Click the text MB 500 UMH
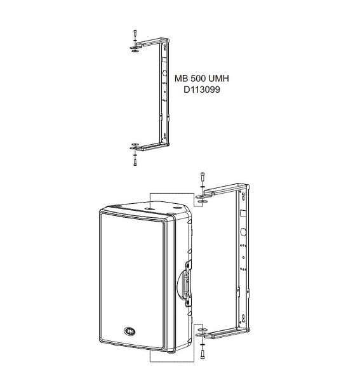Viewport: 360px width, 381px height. [x=202, y=79]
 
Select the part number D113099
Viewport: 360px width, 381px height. [x=202, y=90]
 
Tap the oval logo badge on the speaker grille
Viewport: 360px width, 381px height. [x=130, y=331]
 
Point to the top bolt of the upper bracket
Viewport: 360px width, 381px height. [x=135, y=33]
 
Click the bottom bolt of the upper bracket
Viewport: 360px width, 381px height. [x=135, y=162]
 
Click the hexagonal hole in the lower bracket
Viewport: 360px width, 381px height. [x=243, y=232]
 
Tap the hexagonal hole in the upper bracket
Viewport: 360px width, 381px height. [x=164, y=73]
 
